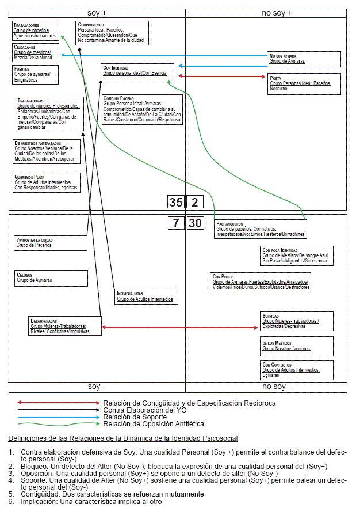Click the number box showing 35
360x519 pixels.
point(175,202)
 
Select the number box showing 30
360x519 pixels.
point(195,223)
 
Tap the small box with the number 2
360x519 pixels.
point(194,202)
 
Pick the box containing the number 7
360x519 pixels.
point(175,223)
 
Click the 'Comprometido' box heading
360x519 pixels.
point(91,25)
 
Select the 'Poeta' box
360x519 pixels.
point(304,83)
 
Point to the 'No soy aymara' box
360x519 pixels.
point(304,59)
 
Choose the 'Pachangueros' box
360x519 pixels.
point(260,228)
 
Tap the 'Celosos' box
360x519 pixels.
point(51,278)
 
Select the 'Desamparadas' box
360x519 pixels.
point(64,326)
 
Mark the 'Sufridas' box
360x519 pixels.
point(296,321)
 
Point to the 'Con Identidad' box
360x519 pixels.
point(138,71)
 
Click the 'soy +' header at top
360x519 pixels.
point(97,13)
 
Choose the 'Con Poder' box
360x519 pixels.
point(261,282)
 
